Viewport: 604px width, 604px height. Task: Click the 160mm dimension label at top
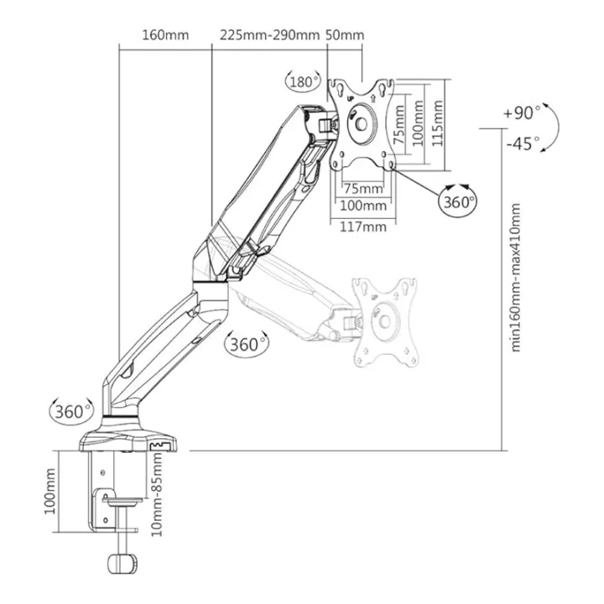(x=165, y=35)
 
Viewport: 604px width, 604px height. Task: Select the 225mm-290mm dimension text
(x=269, y=35)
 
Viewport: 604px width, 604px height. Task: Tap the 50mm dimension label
(x=345, y=35)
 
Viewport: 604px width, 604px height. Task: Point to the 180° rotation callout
(x=303, y=81)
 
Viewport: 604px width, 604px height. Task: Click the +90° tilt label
(x=522, y=113)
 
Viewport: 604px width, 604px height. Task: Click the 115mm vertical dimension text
(x=437, y=123)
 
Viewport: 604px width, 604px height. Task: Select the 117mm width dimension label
(x=363, y=226)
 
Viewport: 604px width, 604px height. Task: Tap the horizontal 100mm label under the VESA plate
(x=363, y=206)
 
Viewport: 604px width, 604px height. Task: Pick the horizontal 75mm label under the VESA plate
(x=363, y=189)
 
